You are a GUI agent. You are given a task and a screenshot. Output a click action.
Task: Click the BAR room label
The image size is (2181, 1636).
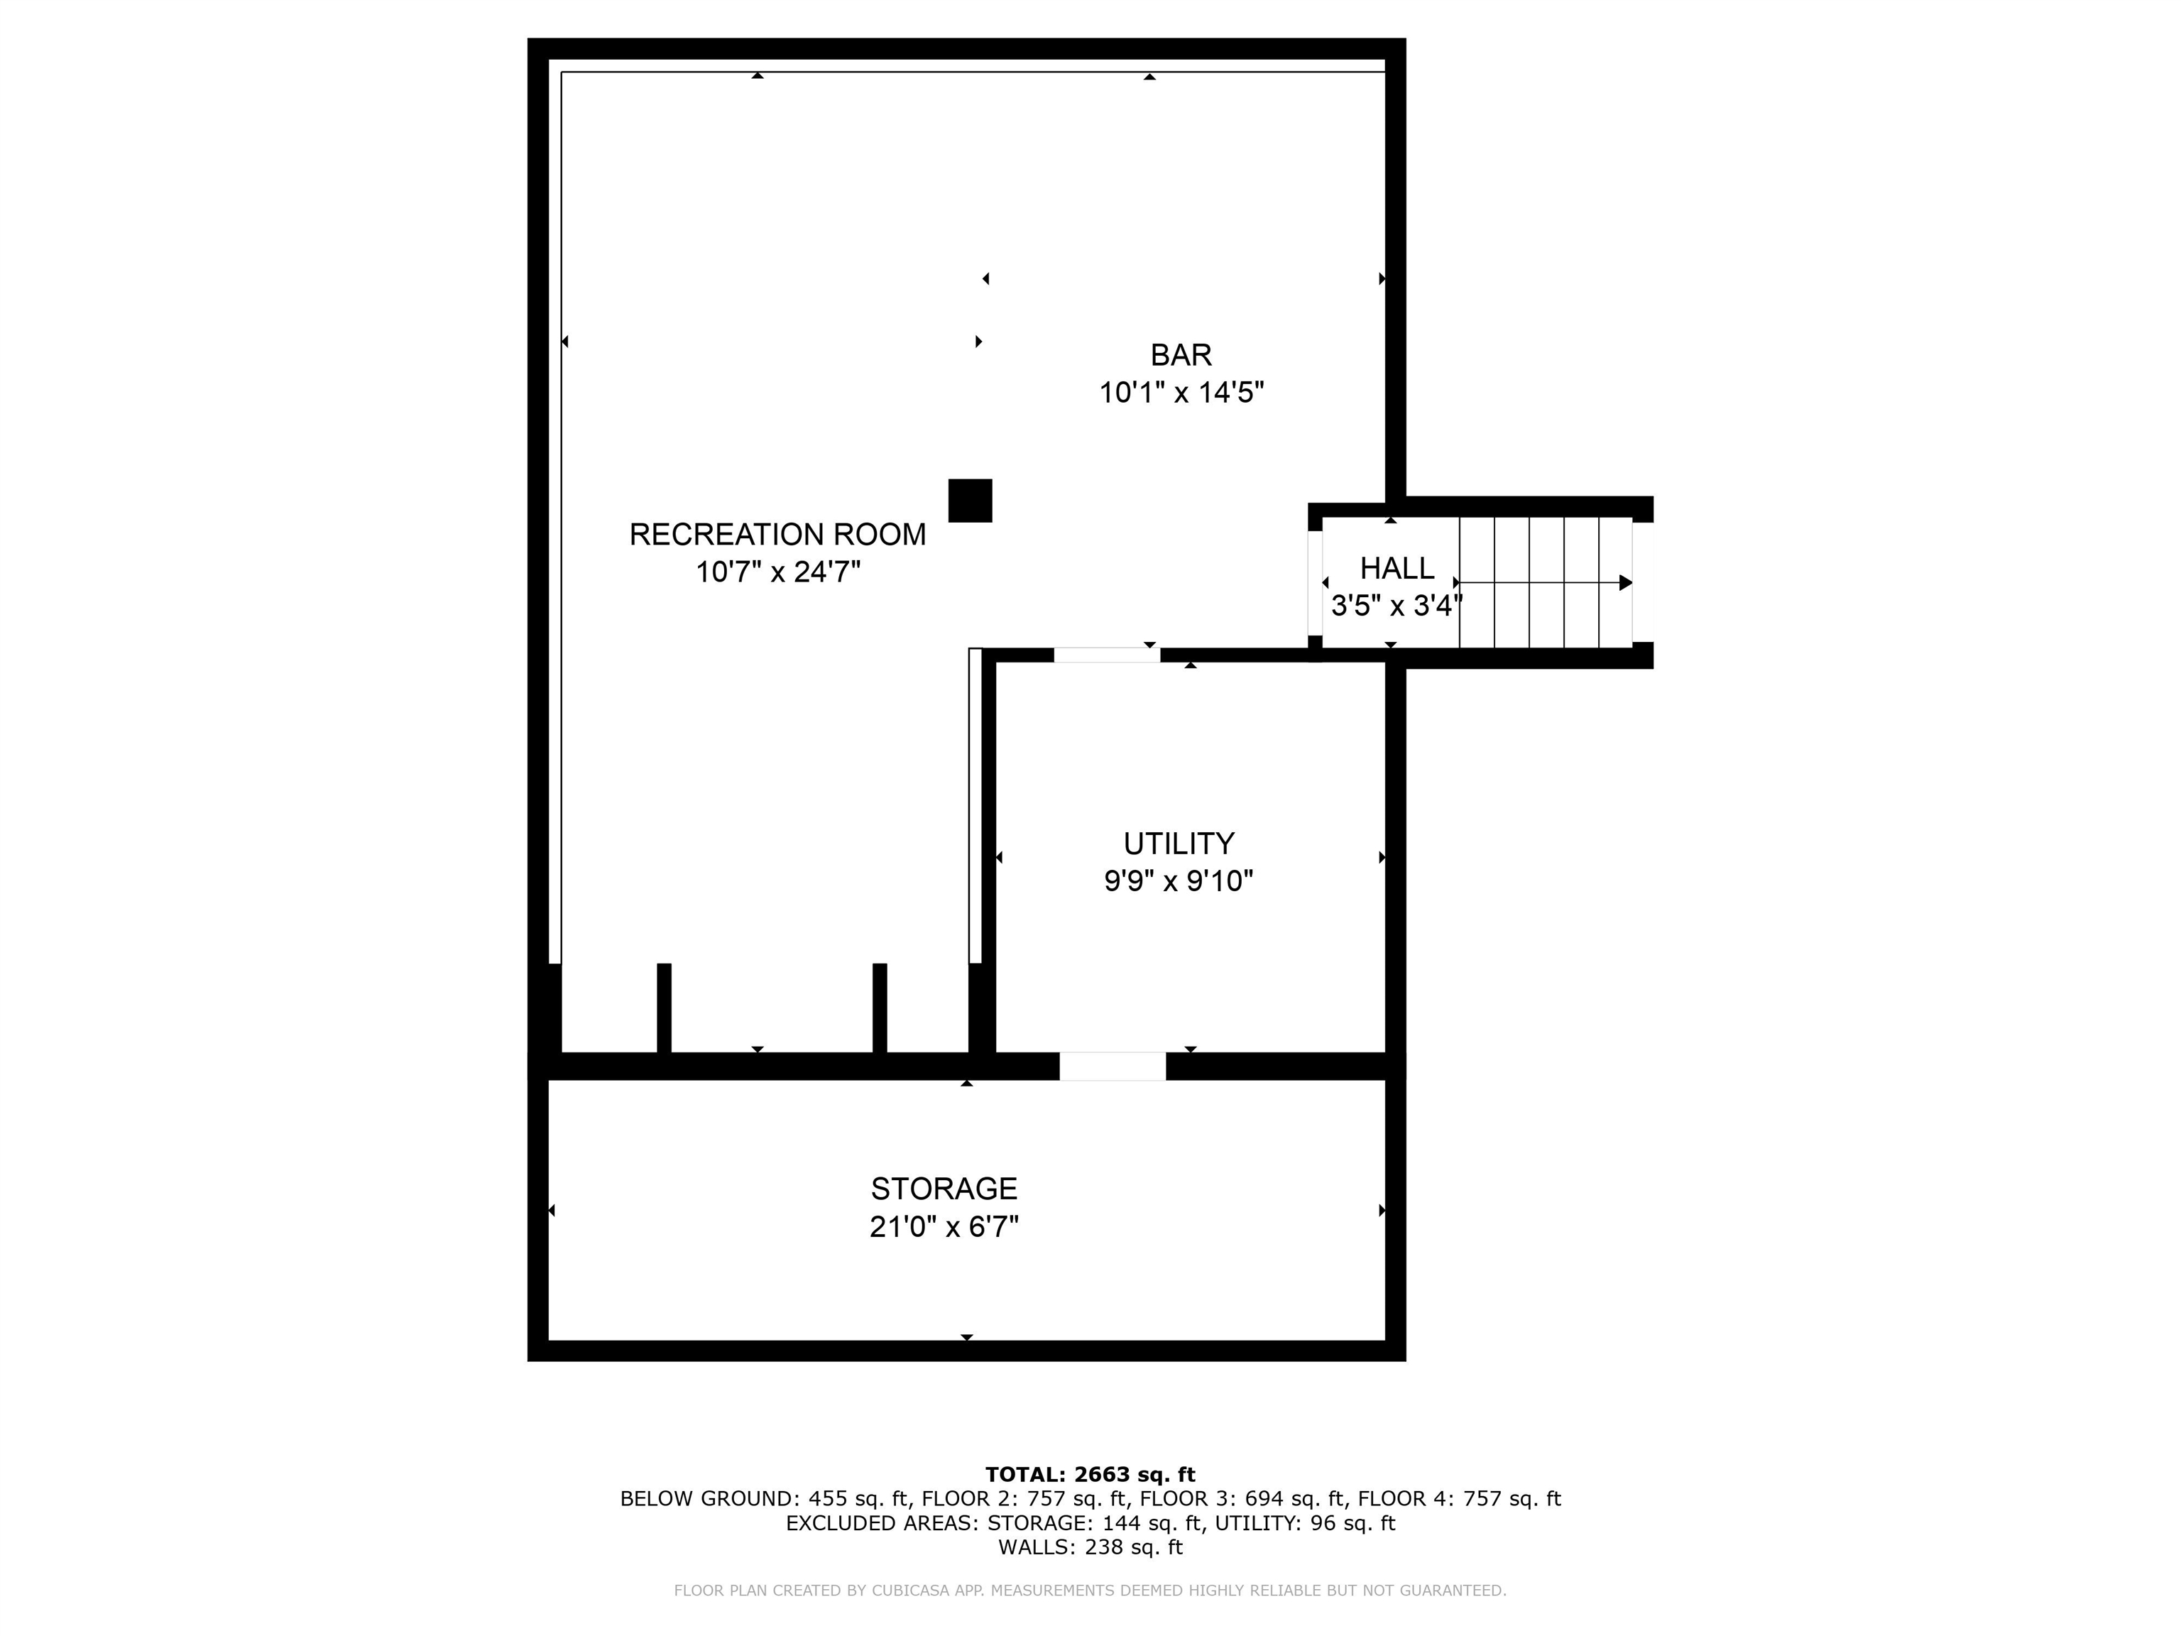tap(1180, 355)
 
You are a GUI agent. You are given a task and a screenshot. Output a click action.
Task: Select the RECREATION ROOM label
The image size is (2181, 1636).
tap(777, 535)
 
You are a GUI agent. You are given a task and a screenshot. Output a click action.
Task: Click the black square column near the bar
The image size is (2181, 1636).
tap(969, 501)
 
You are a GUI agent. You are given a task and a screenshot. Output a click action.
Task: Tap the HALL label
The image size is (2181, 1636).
tap(1396, 569)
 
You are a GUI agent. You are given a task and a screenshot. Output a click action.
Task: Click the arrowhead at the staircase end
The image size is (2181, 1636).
tap(1625, 583)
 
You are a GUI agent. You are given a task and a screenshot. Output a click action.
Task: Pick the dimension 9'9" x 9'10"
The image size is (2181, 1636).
tap(1179, 880)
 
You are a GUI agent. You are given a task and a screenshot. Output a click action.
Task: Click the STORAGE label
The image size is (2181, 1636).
tap(944, 1188)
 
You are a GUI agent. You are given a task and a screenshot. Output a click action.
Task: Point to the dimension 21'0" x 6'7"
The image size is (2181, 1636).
tap(944, 1227)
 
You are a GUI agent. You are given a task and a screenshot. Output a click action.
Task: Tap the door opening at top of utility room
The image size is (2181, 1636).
tap(1106, 655)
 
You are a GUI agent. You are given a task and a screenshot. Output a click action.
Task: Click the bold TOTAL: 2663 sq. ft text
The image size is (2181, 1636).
tap(1090, 1474)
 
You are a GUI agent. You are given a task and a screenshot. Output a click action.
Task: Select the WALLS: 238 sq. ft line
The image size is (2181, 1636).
tap(1090, 1547)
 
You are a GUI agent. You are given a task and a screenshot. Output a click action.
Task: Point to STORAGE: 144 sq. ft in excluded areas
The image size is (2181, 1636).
tap(1095, 1522)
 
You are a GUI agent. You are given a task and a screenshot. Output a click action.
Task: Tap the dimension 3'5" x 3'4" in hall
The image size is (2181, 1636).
tap(1394, 606)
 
